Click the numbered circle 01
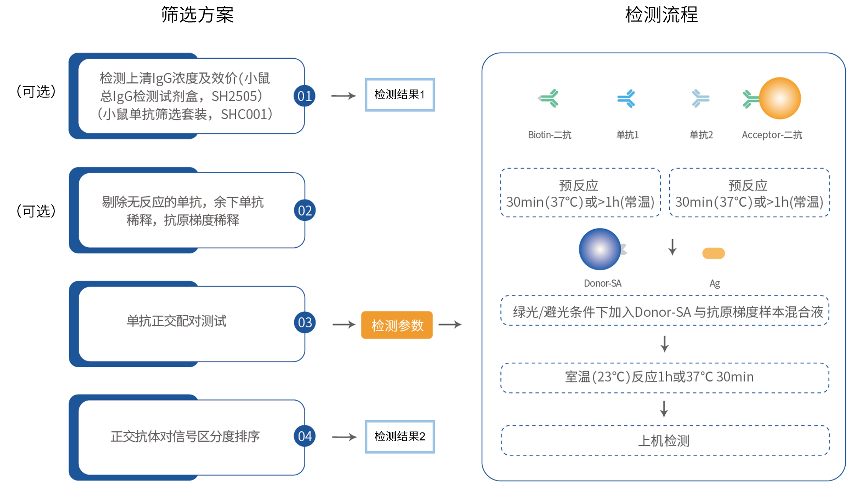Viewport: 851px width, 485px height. click(x=305, y=96)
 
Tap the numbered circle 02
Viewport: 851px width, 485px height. click(x=305, y=210)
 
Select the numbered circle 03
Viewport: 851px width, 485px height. click(x=305, y=322)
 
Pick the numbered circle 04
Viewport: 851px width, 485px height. click(x=305, y=436)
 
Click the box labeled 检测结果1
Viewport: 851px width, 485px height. click(x=400, y=95)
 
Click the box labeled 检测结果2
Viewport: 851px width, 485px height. click(x=400, y=437)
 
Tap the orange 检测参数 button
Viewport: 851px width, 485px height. click(x=397, y=325)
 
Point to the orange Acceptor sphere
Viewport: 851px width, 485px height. click(x=780, y=98)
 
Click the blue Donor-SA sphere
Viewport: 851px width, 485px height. click(x=600, y=249)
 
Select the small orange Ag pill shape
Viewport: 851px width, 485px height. click(x=713, y=253)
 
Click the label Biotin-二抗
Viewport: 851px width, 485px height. click(x=549, y=135)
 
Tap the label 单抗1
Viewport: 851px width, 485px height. click(x=627, y=135)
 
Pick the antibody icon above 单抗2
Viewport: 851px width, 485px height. click(x=700, y=98)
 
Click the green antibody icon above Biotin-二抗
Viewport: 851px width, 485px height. click(x=549, y=98)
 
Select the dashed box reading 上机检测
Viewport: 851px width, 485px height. click(x=665, y=441)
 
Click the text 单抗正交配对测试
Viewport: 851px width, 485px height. click(x=176, y=321)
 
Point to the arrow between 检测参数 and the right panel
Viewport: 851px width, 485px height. click(x=450, y=325)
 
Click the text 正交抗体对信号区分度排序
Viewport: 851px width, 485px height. click(x=185, y=436)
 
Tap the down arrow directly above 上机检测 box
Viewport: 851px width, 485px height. click(x=664, y=409)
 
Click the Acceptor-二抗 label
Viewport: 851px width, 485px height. click(x=772, y=135)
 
